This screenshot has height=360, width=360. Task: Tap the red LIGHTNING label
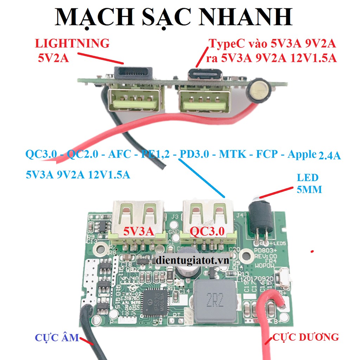72,43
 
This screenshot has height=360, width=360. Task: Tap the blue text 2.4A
329,155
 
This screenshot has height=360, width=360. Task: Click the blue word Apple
302,154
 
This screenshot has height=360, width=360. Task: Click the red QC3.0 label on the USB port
207,231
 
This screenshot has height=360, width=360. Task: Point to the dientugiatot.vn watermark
192,261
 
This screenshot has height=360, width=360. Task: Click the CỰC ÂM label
57,337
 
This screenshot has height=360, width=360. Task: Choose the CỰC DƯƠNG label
306,337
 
